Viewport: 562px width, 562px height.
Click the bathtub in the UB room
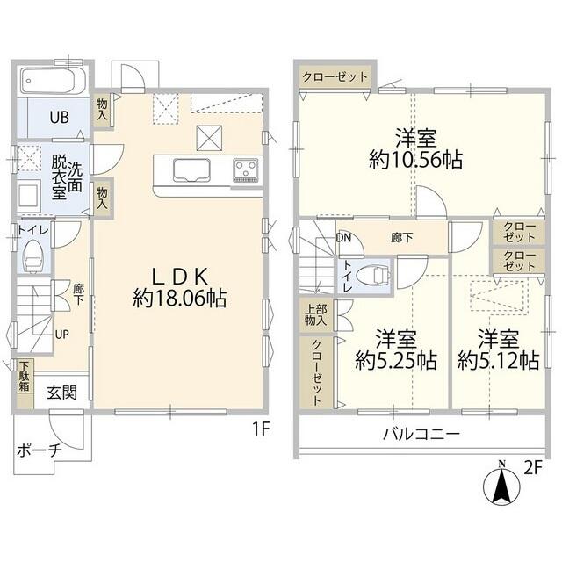(x=53, y=81)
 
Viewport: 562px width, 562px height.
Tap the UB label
(x=59, y=118)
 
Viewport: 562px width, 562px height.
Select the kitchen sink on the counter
(x=191, y=170)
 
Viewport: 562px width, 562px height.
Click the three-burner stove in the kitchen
(x=246, y=169)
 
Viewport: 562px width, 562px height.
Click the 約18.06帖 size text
(x=179, y=299)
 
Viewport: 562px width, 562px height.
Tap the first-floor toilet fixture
(x=33, y=256)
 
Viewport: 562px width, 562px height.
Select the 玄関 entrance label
(x=62, y=393)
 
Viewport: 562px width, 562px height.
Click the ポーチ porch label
(x=40, y=450)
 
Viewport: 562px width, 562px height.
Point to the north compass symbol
(x=501, y=483)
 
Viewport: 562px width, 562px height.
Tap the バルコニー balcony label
(x=421, y=435)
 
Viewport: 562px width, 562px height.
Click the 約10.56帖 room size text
(x=415, y=160)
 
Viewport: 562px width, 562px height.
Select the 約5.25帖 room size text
(x=396, y=361)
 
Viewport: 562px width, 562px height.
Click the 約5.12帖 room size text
(x=499, y=361)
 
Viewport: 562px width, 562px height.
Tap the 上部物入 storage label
(x=316, y=315)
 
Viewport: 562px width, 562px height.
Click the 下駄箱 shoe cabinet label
(x=25, y=377)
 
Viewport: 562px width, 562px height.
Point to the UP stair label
(x=62, y=335)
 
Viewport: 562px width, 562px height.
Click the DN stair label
(x=343, y=238)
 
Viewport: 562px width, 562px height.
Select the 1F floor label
(x=262, y=429)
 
